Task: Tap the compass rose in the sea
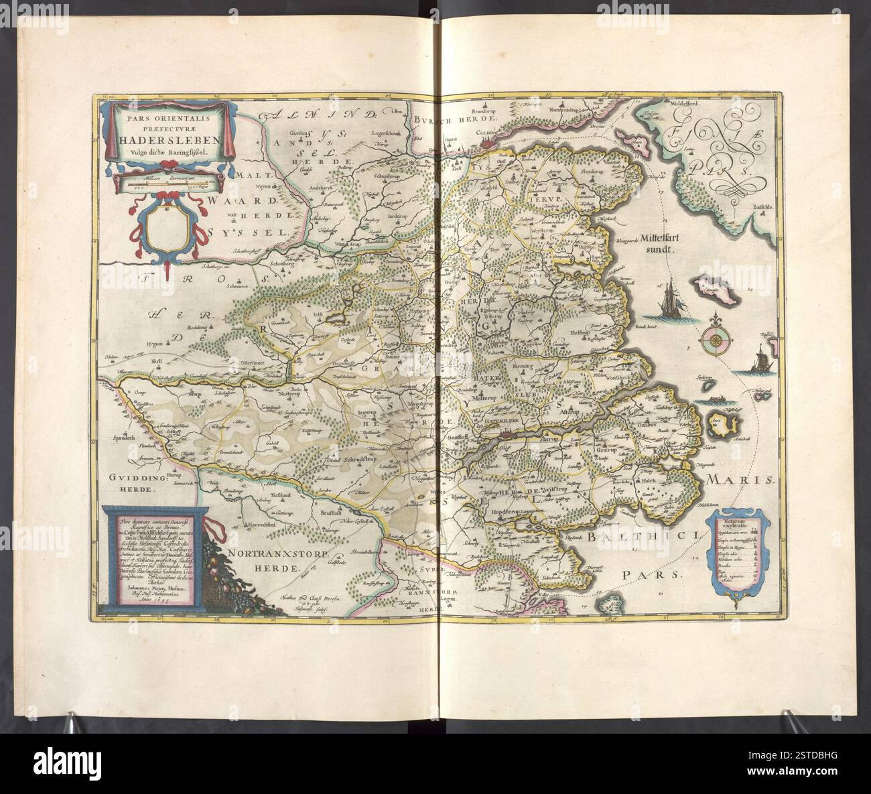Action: tap(716, 341)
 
